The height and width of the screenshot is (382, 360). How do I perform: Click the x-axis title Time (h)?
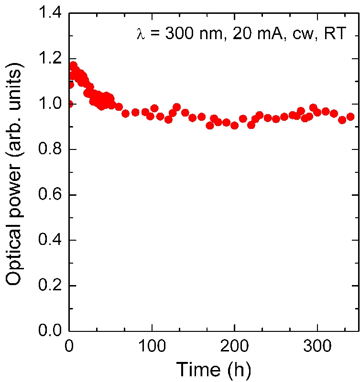pyautogui.click(x=213, y=370)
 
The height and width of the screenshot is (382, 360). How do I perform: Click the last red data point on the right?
pyautogui.click(x=350, y=117)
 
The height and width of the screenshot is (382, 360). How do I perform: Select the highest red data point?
pyautogui.click(x=73, y=65)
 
